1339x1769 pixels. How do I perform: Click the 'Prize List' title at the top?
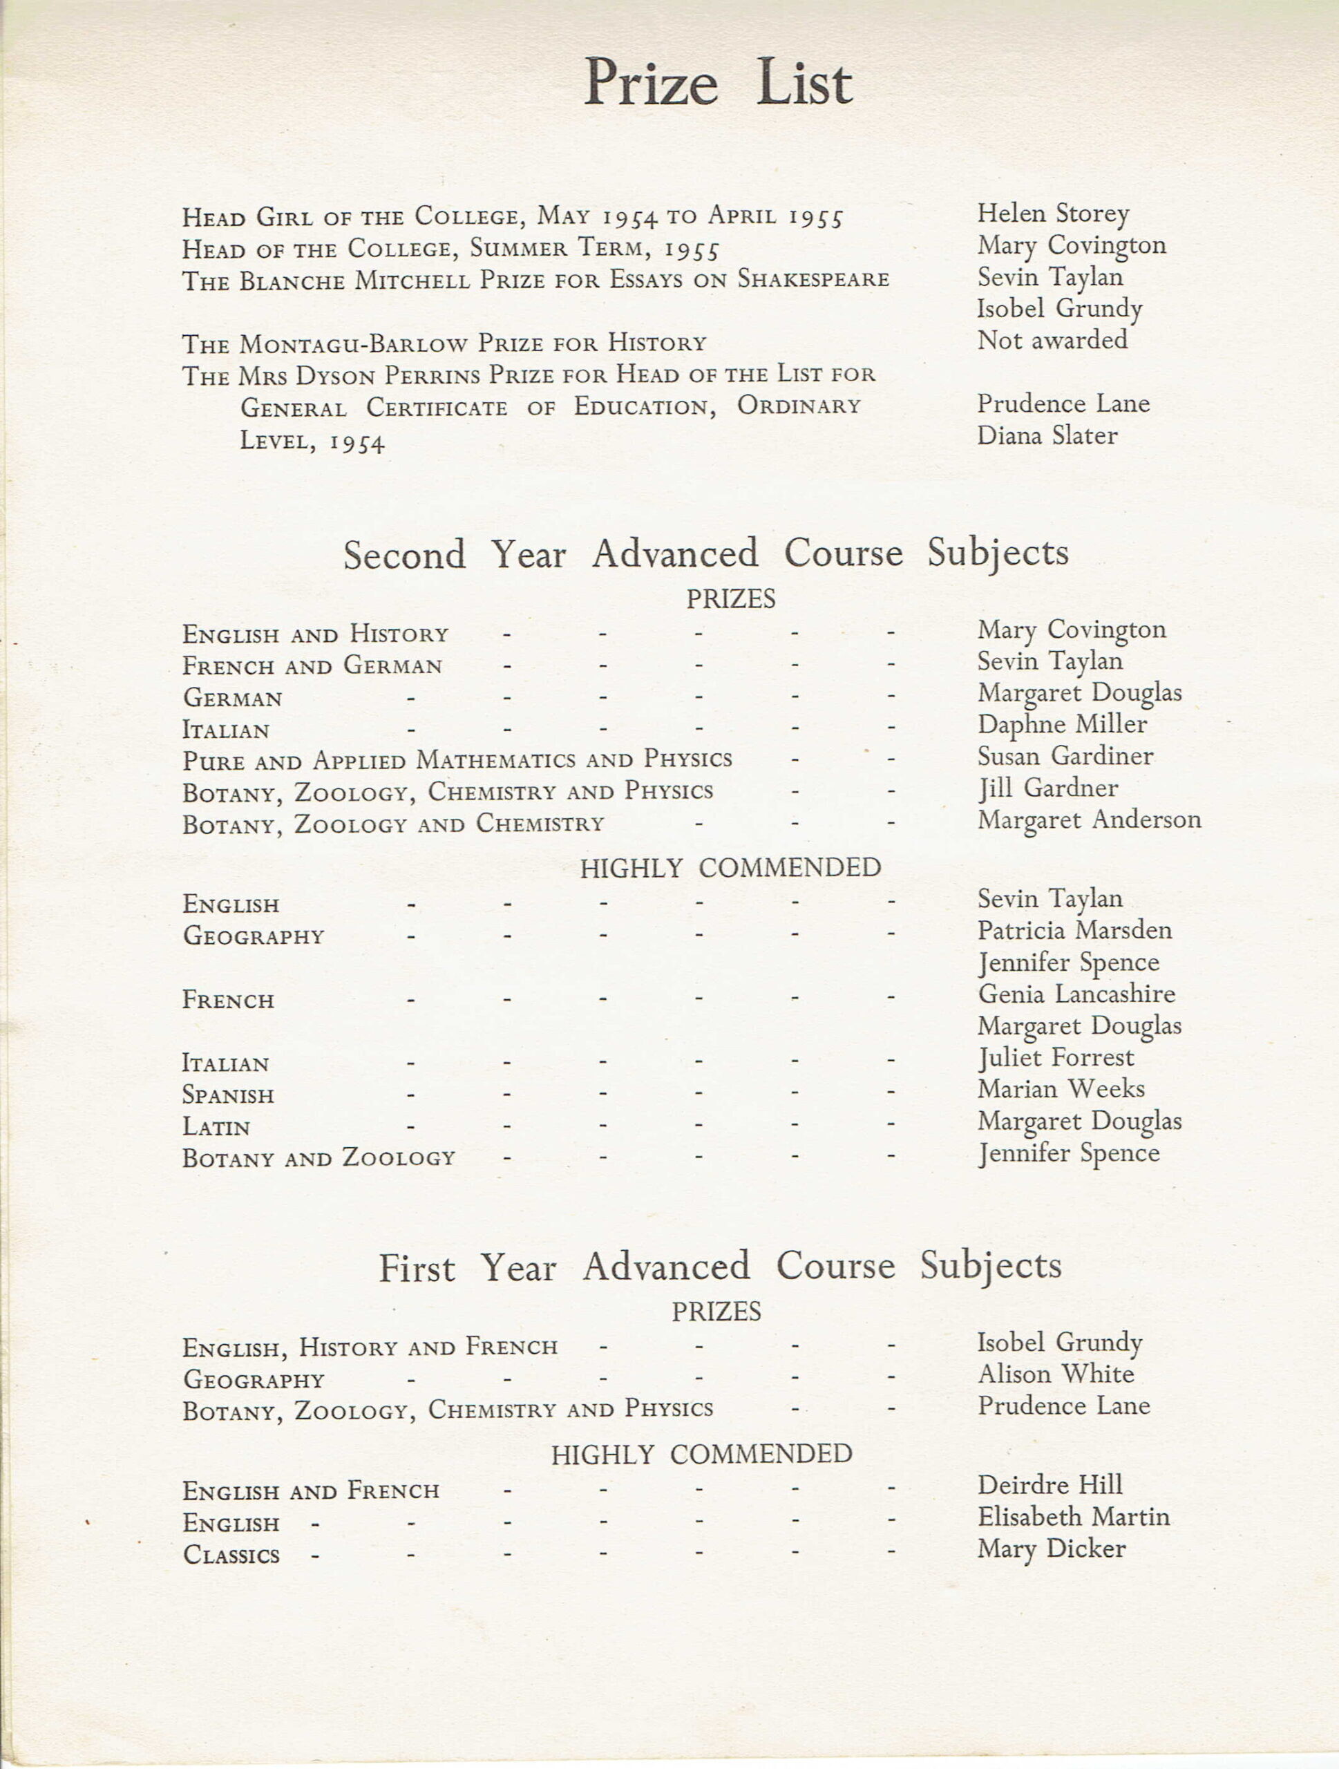pos(717,83)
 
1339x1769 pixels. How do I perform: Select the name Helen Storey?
pos(1053,214)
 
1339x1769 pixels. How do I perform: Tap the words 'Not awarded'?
pos(1052,340)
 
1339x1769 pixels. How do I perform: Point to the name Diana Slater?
pos(1047,435)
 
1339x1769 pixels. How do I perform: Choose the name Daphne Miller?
pos(1062,725)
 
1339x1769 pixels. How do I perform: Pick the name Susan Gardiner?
pos(1065,756)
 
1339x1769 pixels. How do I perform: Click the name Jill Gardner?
pos(1048,788)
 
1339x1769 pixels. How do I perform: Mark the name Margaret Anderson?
pos(1089,820)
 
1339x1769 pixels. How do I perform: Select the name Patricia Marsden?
pos(1074,930)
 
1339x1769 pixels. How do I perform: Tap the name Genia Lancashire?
pos(1076,994)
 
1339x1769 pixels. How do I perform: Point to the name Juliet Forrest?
pos(1055,1058)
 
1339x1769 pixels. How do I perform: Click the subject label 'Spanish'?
pos(228,1095)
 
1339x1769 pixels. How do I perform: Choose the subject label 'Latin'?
pos(216,1127)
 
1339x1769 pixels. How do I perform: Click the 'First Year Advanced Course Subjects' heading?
pos(719,1267)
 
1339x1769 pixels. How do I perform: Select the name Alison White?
pos(1055,1374)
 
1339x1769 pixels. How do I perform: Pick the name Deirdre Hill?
pos(1050,1485)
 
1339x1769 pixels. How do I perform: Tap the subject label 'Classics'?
pos(231,1555)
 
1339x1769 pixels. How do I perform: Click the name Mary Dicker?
pos(1051,1549)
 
